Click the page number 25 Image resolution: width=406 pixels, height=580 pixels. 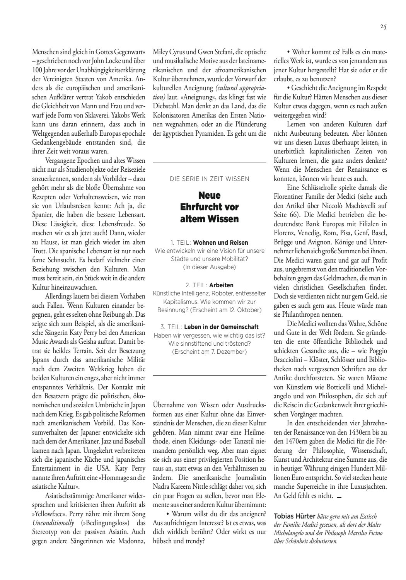pos(383,27)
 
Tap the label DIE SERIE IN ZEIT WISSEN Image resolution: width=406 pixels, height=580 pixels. pos(210,179)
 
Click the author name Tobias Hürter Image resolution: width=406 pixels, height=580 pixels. pos(294,516)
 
